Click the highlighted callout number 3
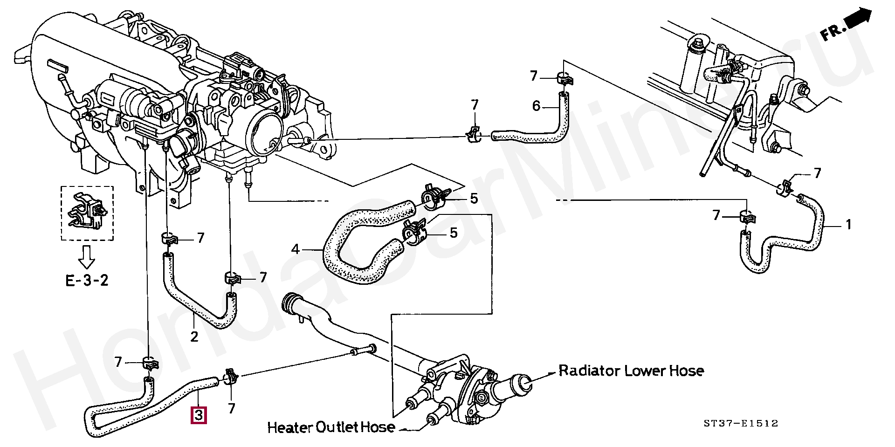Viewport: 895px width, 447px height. [x=199, y=415]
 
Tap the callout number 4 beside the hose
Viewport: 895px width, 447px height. [x=295, y=250]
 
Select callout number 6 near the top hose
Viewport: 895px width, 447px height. [x=536, y=106]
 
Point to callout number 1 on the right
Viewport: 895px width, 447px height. [x=848, y=225]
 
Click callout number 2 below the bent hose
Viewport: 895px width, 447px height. [x=194, y=336]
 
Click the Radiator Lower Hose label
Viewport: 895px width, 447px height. [x=631, y=371]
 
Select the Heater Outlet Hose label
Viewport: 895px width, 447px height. [x=331, y=427]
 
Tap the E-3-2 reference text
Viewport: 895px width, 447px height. [x=87, y=281]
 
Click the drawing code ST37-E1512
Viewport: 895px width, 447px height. [x=741, y=424]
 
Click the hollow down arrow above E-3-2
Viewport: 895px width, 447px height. [x=87, y=257]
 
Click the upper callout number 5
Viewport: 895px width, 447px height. [x=474, y=199]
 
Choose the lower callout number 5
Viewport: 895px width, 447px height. [x=453, y=233]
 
